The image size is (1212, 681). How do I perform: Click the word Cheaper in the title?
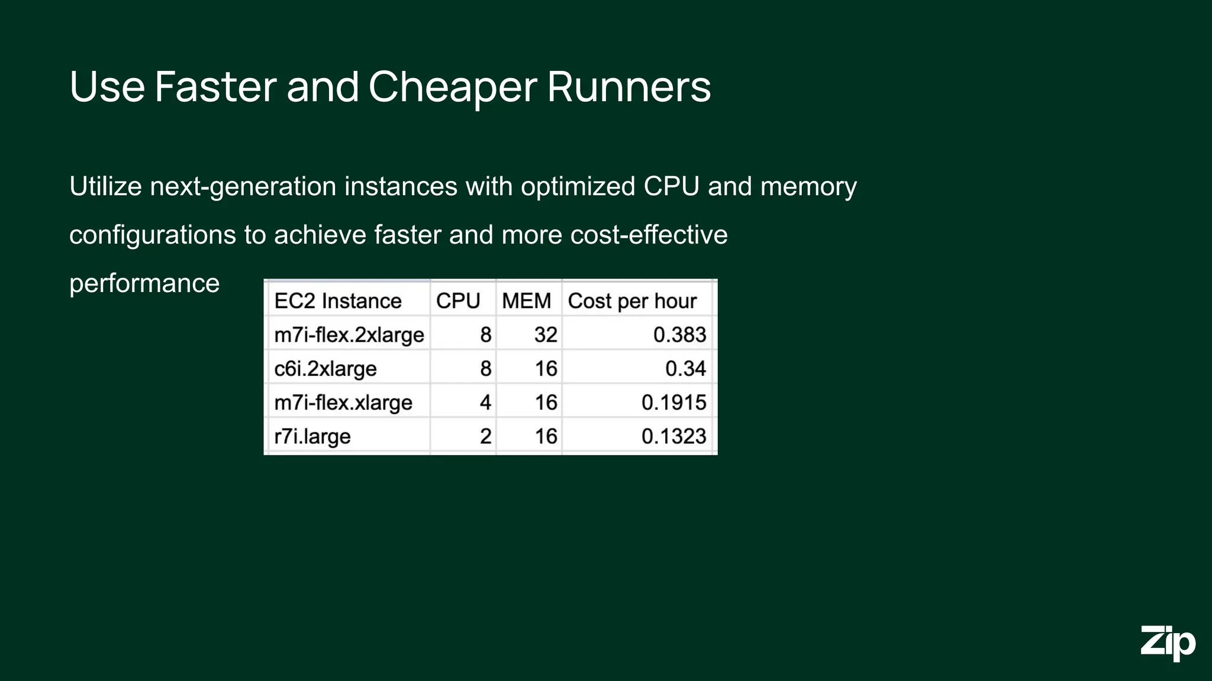click(453, 87)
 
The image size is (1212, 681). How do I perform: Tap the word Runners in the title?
click(628, 87)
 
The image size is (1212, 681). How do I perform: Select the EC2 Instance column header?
click(338, 301)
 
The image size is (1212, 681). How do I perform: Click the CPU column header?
click(457, 301)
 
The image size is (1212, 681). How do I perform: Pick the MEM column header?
click(526, 301)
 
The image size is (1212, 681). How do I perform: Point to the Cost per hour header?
click(632, 301)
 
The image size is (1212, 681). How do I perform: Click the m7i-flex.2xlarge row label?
click(349, 335)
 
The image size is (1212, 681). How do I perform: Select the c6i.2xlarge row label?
click(325, 369)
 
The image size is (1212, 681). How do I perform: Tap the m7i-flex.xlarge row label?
click(343, 403)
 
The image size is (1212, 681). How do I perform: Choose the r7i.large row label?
click(312, 437)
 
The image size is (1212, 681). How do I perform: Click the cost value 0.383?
click(679, 335)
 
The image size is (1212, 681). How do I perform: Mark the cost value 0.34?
click(685, 369)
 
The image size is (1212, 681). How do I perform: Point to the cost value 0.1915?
click(673, 403)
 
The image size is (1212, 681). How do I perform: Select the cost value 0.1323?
click(673, 437)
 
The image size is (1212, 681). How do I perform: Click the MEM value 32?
click(546, 335)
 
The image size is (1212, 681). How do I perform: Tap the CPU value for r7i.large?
click(485, 437)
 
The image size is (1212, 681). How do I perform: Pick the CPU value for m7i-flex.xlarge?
click(485, 403)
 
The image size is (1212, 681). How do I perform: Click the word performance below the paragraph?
click(144, 284)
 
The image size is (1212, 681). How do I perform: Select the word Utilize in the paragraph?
click(105, 186)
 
